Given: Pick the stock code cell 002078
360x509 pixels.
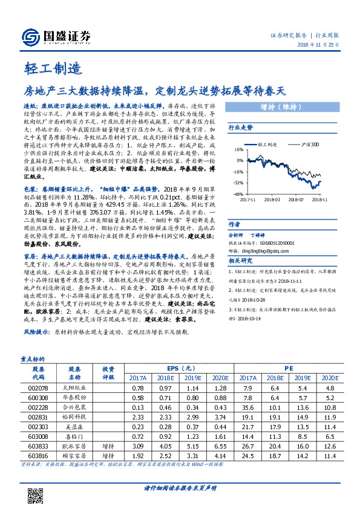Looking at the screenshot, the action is click(x=38, y=387).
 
